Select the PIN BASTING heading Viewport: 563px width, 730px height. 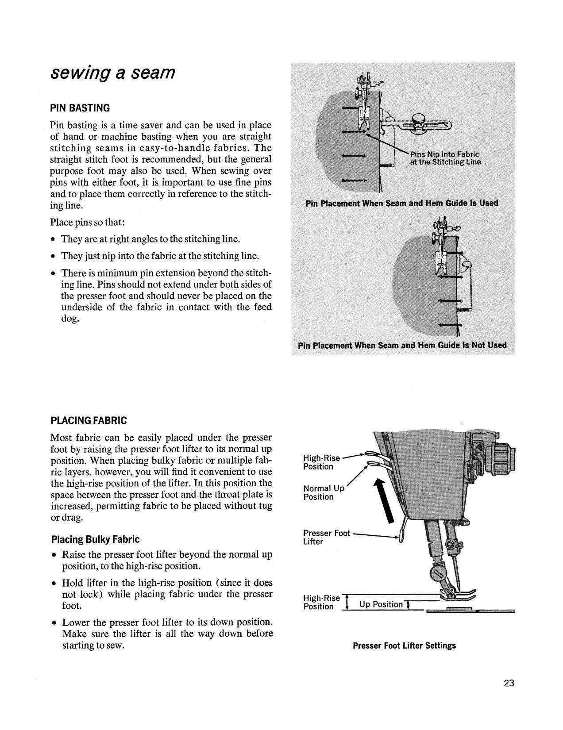(x=80, y=108)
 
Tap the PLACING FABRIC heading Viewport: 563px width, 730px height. (x=89, y=420)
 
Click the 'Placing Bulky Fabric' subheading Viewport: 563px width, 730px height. (x=95, y=539)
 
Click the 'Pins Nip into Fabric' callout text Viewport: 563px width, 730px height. (x=444, y=154)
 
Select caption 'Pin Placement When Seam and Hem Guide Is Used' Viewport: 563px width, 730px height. (x=401, y=204)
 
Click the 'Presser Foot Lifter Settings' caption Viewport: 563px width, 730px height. (x=404, y=645)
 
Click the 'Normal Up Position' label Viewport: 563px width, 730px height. (x=323, y=492)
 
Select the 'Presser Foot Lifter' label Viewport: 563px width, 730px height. (x=326, y=537)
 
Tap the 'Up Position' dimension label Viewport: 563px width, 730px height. (x=381, y=604)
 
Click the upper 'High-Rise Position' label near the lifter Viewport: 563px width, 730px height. (x=321, y=462)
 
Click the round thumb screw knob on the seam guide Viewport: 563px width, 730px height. (x=418, y=119)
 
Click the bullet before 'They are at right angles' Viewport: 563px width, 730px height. (x=53, y=240)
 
